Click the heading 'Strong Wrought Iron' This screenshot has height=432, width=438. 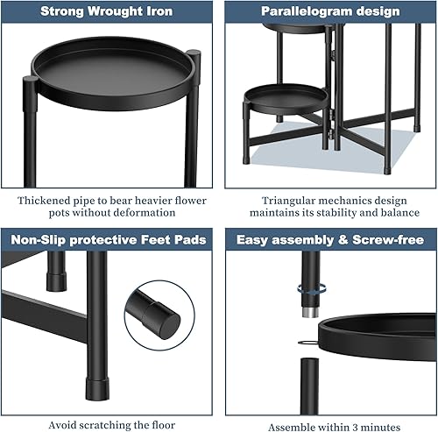pyautogui.click(x=106, y=12)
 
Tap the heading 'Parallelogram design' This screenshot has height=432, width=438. pyautogui.click(x=331, y=12)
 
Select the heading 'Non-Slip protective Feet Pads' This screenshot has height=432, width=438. pyautogui.click(x=107, y=239)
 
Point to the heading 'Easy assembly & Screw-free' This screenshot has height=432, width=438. pyautogui.click(x=330, y=239)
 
